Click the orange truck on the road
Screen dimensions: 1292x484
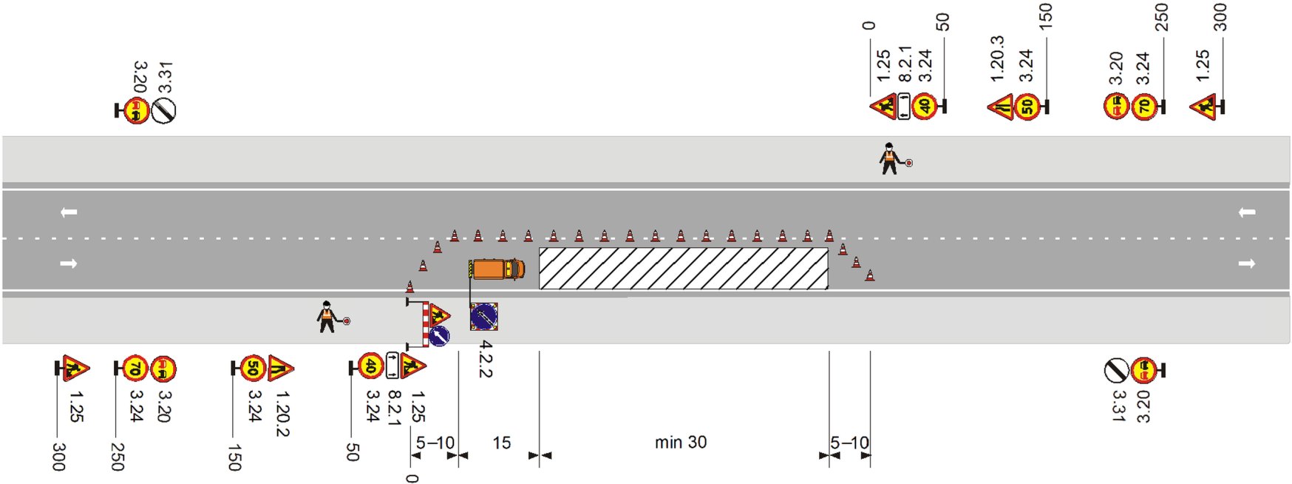tap(497, 269)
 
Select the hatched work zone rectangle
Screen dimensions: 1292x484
tap(683, 269)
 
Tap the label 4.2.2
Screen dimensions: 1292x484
tap(485, 359)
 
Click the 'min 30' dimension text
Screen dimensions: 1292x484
tap(680, 443)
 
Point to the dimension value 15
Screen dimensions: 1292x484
tap(501, 443)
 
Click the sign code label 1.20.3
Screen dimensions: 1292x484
tap(997, 58)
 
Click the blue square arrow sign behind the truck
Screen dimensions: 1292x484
tap(483, 317)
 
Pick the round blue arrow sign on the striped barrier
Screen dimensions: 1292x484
tap(439, 336)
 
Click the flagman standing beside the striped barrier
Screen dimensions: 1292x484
tap(327, 317)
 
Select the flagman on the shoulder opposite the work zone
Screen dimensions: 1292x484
tap(889, 158)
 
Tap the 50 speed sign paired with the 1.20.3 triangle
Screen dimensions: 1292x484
tap(1027, 107)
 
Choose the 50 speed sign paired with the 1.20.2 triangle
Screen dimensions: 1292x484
tap(254, 367)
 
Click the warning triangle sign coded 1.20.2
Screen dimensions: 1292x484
tap(281, 367)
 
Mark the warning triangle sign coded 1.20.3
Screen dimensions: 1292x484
tap(1001, 107)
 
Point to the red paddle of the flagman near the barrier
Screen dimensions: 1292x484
tap(346, 321)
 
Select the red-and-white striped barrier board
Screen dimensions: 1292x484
tap(426, 324)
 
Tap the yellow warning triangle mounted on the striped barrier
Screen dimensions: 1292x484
tap(439, 315)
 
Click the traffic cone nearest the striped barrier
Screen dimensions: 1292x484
tap(409, 286)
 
